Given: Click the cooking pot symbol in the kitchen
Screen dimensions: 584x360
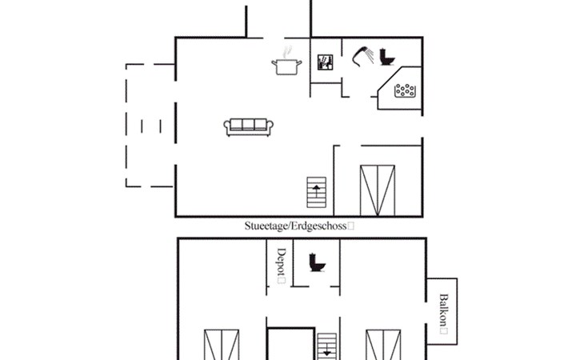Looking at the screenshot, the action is point(286,66).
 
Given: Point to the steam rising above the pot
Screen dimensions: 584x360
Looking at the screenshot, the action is point(286,52).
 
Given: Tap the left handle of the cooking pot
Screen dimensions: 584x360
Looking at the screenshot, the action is point(274,64).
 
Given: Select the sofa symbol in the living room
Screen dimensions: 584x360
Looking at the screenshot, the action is point(249,127).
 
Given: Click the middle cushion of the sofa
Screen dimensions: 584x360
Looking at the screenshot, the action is point(249,125).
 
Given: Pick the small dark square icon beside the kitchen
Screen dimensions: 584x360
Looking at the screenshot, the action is point(325,62).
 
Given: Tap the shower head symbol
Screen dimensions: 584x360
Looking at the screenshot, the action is point(362,57).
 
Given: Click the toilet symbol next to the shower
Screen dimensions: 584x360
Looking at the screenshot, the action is point(387,57).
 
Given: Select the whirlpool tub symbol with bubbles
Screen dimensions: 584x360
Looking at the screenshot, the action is point(405,91).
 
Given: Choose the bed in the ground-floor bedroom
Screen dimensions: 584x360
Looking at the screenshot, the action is point(378,190).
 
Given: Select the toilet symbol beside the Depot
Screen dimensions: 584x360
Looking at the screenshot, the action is point(317,262).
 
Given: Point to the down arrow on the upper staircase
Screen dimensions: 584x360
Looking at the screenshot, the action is point(326,351).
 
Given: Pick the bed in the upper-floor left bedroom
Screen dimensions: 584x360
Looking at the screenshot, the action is point(222,345).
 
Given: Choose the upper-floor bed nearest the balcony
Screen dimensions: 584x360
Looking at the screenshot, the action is point(383,345).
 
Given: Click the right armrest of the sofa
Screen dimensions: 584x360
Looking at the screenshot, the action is point(270,126).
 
